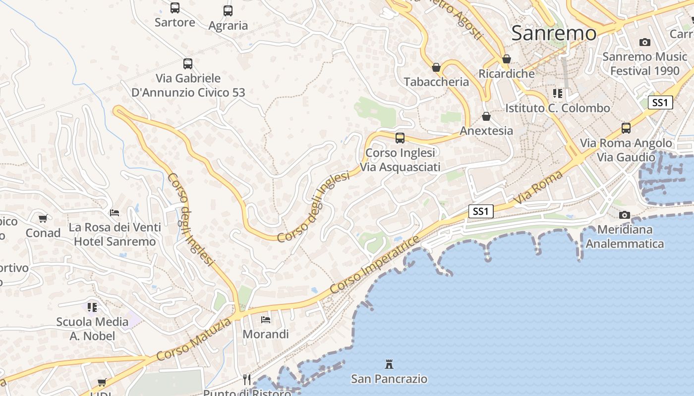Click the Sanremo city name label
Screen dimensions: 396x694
pyautogui.click(x=554, y=33)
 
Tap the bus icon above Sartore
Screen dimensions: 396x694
pyautogui.click(x=175, y=8)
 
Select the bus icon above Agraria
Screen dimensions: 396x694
pyautogui.click(x=228, y=11)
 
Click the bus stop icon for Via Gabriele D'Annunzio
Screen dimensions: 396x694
pyautogui.click(x=188, y=64)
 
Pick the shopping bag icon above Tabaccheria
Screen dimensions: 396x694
pyautogui.click(x=436, y=67)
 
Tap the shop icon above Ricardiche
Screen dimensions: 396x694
pyautogui.click(x=506, y=59)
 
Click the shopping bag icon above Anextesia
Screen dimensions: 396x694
pyautogui.click(x=486, y=116)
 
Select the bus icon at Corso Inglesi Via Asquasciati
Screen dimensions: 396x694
pyautogui.click(x=400, y=138)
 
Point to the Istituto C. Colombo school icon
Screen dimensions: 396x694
pyautogui.click(x=558, y=94)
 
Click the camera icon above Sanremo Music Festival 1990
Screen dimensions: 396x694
pyautogui.click(x=644, y=43)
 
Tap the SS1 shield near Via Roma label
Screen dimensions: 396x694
pyautogui.click(x=481, y=211)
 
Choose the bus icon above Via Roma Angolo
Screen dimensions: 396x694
pyautogui.click(x=626, y=128)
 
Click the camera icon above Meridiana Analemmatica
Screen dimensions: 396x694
pyautogui.click(x=625, y=215)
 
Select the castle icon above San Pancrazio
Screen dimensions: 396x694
pyautogui.click(x=389, y=365)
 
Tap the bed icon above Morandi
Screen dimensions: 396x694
pyautogui.click(x=266, y=320)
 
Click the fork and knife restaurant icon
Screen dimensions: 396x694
pyautogui.click(x=247, y=380)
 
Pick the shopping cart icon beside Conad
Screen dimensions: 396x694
pyautogui.click(x=43, y=218)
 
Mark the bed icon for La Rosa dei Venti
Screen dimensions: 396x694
pyautogui.click(x=115, y=213)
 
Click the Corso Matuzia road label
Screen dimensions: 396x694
pyautogui.click(x=193, y=340)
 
